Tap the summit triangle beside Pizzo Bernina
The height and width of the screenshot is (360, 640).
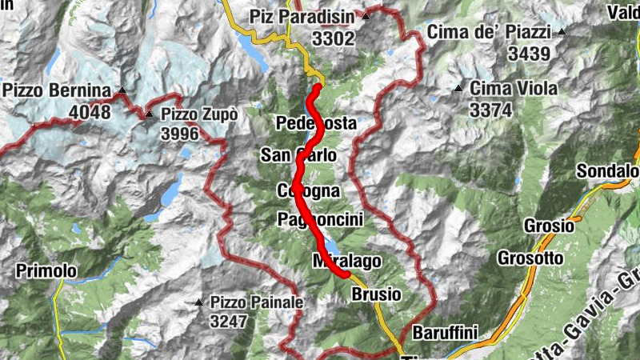pyautogui.click(x=122, y=90)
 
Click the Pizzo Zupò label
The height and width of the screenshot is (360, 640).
pyautogui.click(x=198, y=114)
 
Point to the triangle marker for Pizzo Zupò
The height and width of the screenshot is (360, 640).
pyautogui.click(x=149, y=115)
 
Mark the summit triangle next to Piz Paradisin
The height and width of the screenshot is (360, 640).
pyautogui.click(x=366, y=16)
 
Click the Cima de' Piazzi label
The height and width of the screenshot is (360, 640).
pyautogui.click(x=489, y=33)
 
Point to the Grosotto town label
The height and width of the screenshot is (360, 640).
pyautogui.click(x=530, y=258)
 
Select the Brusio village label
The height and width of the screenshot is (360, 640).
pyautogui.click(x=376, y=294)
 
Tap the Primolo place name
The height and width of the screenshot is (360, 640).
pyautogui.click(x=46, y=271)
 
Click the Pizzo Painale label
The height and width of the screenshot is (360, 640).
pyautogui.click(x=257, y=302)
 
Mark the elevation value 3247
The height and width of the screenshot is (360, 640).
pyautogui.click(x=233, y=322)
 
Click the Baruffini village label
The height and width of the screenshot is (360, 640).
pyautogui.click(x=444, y=332)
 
